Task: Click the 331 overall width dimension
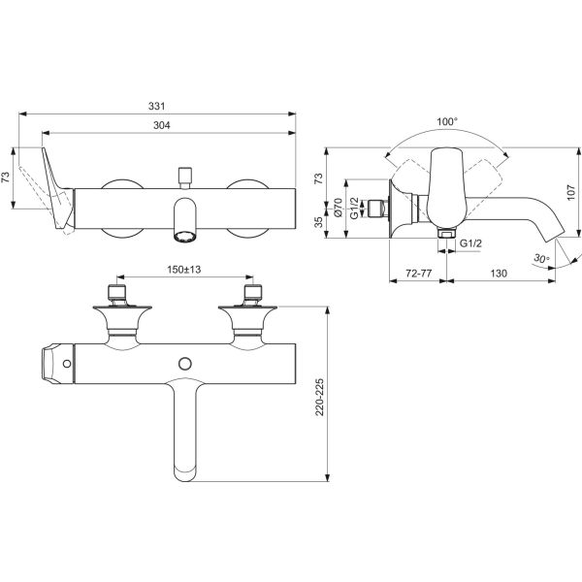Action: point(156,106)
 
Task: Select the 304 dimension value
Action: point(162,125)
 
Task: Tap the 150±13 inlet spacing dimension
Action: point(183,270)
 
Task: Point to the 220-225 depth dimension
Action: point(319,397)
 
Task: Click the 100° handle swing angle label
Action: point(447,122)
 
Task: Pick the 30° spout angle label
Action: point(541,258)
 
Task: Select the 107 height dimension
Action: point(571,191)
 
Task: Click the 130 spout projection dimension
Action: point(499,274)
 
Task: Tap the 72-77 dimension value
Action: point(419,274)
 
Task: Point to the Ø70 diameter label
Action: point(338,208)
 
